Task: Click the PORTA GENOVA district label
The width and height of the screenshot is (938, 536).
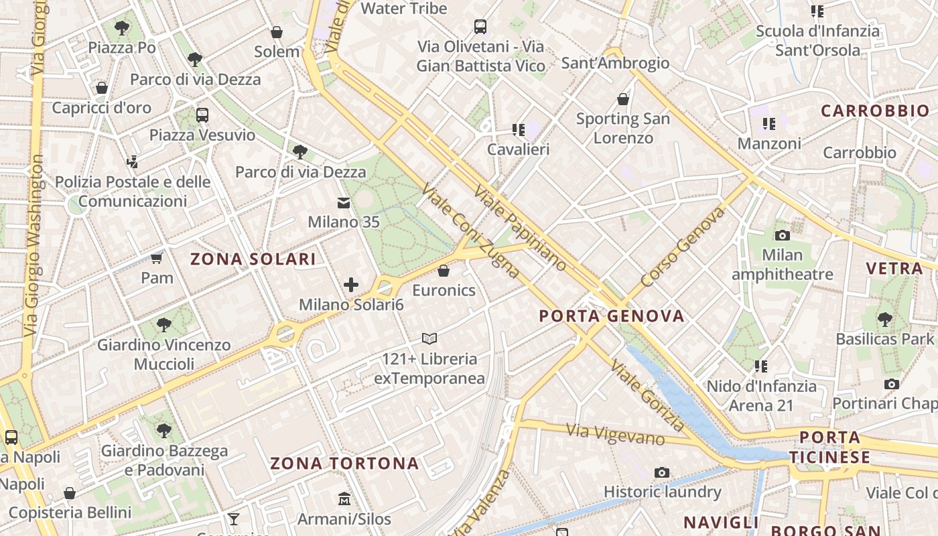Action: (612, 316)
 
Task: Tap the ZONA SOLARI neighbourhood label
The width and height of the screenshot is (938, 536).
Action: (253, 259)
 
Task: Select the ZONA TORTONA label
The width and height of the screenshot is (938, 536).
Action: (344, 463)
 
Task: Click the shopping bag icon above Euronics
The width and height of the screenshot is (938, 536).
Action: (443, 271)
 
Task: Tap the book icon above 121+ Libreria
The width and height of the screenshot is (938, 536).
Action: (429, 339)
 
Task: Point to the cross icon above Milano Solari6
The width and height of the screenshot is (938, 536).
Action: (351, 285)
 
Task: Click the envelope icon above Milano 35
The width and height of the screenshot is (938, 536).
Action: (344, 202)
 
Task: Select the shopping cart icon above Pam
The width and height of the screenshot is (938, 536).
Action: (157, 258)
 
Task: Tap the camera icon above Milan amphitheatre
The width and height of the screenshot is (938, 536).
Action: (782, 235)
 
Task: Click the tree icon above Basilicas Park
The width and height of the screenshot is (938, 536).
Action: (884, 319)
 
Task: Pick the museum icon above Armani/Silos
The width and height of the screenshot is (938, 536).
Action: (344, 499)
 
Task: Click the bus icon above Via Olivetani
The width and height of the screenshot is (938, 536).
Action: (480, 27)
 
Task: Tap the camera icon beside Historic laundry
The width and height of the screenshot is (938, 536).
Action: (662, 472)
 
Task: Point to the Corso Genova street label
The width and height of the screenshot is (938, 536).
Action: (683, 247)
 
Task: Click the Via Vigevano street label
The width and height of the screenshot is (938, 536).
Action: (615, 434)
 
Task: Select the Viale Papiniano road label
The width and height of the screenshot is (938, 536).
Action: (520, 228)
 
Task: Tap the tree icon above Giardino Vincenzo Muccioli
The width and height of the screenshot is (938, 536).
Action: (163, 326)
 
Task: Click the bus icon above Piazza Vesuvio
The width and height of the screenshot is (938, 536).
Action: (202, 115)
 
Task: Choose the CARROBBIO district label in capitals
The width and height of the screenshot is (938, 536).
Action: (875, 111)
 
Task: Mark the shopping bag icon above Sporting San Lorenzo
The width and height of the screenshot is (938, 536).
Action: (623, 100)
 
